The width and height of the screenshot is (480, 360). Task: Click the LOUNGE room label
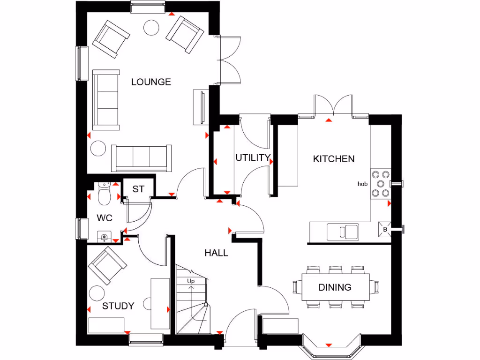coord(151,82)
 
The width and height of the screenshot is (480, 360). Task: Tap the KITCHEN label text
coord(334,159)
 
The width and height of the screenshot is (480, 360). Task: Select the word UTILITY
coord(253,157)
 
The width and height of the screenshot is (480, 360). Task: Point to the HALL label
coord(216,253)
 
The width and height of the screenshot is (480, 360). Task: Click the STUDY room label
coord(118,306)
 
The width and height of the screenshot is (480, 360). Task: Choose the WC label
coord(105,218)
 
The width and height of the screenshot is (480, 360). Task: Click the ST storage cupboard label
coord(138,189)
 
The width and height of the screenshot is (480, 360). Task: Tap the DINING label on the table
coord(335,287)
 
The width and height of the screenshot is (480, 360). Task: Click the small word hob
coord(362,184)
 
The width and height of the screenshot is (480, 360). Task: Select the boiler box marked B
coord(385,230)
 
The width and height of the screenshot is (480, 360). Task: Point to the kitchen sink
coord(343,231)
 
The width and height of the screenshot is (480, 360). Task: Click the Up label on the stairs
coord(191,281)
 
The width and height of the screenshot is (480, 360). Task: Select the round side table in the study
coord(97,293)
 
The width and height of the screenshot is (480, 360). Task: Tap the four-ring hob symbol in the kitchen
coord(380,183)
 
